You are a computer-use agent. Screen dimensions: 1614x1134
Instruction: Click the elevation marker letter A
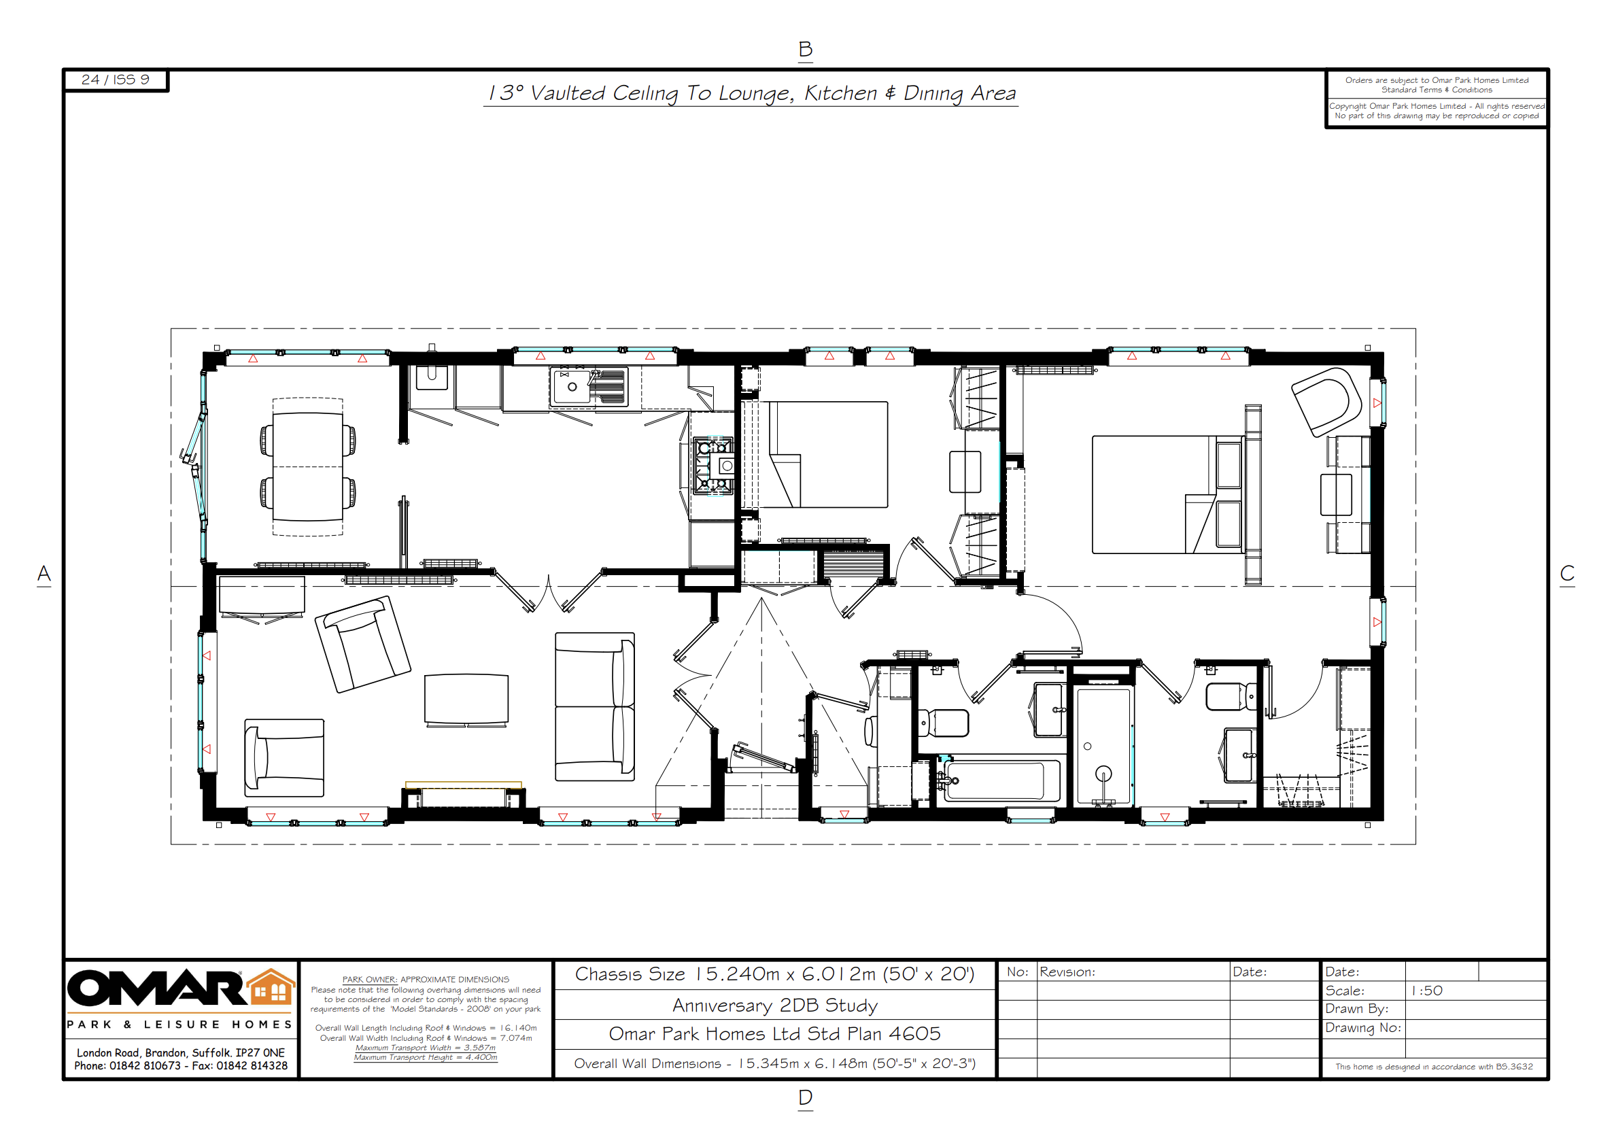[44, 574]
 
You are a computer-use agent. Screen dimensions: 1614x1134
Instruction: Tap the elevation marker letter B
[806, 49]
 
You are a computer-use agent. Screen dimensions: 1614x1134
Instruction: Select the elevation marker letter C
[1567, 574]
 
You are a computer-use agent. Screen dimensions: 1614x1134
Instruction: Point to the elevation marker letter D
[806, 1097]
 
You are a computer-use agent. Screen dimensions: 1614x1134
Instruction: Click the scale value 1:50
[1426, 991]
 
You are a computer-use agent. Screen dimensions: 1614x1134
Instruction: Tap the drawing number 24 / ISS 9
[116, 80]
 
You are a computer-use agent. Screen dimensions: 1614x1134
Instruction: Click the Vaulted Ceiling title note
[751, 93]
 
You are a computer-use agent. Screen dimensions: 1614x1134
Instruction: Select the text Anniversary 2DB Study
[774, 1006]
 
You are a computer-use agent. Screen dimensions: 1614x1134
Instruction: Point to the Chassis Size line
[774, 974]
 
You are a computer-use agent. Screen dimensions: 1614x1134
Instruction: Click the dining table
[308, 466]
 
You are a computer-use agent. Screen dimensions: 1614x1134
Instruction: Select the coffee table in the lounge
[466, 698]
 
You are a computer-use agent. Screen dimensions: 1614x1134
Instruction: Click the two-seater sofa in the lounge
[595, 706]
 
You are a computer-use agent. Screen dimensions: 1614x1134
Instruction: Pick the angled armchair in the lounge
[363, 644]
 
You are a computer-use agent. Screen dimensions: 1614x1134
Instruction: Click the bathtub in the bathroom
[999, 780]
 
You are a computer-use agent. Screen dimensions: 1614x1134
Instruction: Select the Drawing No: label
[1363, 1028]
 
